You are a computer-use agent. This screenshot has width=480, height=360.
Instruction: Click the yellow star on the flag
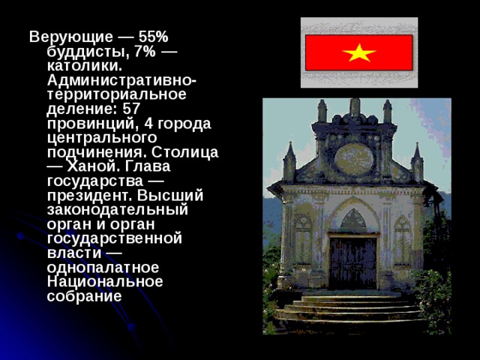tap(360, 53)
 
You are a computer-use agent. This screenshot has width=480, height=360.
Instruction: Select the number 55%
tap(154, 37)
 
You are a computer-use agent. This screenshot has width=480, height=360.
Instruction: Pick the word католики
tap(84, 65)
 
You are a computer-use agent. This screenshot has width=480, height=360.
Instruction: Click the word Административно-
tap(122, 80)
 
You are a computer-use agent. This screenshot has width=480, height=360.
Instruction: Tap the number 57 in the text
tap(131, 109)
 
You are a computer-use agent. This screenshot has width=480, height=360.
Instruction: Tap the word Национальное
tap(105, 281)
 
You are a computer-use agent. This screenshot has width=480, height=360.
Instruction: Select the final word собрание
tap(84, 295)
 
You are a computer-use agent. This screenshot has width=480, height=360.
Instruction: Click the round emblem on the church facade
tap(353, 159)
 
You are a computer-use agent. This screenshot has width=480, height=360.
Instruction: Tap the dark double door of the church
tap(352, 263)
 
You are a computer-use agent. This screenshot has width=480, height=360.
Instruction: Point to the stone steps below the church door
tap(352, 307)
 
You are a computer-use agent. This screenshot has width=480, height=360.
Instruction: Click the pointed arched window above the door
tap(352, 220)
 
